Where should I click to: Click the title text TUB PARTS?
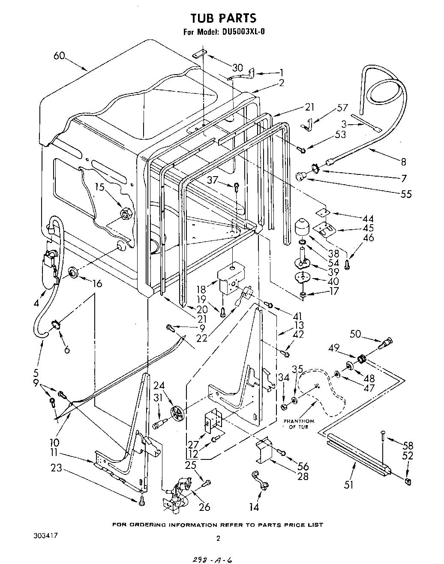pos(223,18)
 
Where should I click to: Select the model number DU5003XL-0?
pos(240,31)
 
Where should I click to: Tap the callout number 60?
pos(60,56)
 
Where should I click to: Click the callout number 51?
pos(349,485)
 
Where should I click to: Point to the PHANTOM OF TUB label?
pos(299,424)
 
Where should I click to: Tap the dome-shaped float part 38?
pos(303,226)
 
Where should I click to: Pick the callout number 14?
pos(254,507)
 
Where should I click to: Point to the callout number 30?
pos(237,67)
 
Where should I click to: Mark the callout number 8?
pos(403,162)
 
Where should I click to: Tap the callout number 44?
pos(368,218)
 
